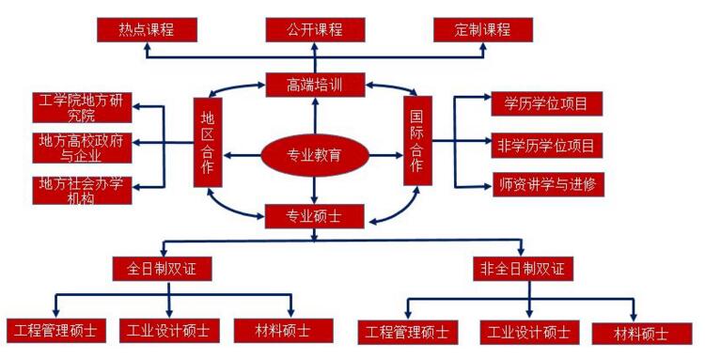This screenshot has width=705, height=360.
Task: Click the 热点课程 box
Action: (x=148, y=30)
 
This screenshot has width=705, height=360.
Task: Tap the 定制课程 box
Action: (x=483, y=30)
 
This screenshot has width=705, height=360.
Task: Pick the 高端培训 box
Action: (x=314, y=86)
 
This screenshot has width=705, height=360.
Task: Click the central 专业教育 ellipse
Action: (x=314, y=154)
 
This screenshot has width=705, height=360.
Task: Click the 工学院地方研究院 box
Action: (x=82, y=108)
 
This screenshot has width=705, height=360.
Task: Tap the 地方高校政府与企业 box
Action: (x=82, y=148)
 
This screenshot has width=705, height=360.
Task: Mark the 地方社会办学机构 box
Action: (x=82, y=189)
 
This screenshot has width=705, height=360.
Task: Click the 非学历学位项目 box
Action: (x=547, y=145)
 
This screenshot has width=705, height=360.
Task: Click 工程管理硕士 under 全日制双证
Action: (x=56, y=330)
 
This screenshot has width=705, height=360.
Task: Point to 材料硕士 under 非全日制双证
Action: (x=641, y=333)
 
